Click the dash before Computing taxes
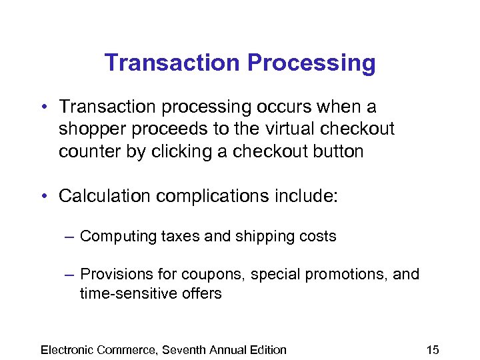point(69,237)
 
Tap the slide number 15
point(433,349)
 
